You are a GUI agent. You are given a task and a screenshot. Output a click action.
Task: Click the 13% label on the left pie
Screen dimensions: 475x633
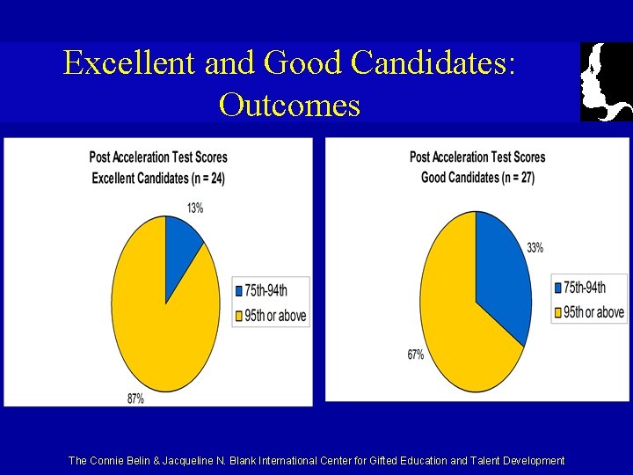(194, 208)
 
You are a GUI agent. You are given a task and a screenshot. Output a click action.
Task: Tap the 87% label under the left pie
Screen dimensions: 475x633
(135, 398)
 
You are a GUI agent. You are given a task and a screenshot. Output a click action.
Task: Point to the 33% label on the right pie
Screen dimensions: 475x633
(535, 247)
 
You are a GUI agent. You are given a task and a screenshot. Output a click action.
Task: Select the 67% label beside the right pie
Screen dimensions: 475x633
(415, 354)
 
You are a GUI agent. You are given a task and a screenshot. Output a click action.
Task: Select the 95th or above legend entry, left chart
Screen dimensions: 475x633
(272, 315)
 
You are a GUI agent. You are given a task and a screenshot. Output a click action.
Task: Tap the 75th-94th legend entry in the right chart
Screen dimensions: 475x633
(586, 288)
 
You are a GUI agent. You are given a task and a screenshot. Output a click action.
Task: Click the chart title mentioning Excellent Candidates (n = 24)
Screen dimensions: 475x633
(158, 179)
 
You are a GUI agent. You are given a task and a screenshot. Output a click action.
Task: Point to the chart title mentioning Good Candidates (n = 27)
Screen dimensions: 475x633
(477, 177)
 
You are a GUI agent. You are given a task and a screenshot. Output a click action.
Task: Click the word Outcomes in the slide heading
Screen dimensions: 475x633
(289, 105)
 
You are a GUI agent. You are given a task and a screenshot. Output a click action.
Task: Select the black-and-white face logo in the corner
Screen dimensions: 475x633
(606, 82)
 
